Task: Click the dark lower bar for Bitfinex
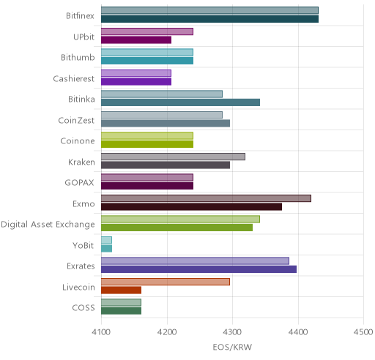[209, 19]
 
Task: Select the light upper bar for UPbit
[147, 31]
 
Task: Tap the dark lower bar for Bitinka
[180, 102]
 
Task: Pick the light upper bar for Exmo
[206, 198]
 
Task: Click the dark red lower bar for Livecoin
[121, 290]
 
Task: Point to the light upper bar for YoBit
[106, 240]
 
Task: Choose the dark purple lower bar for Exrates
[198, 269]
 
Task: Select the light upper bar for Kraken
[173, 157]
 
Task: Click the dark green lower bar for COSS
[121, 311]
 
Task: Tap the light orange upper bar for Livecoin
[166, 282]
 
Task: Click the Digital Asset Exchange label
[48, 225]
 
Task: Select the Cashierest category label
[73, 78]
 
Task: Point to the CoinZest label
[76, 120]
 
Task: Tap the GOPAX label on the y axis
[79, 183]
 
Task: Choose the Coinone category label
[78, 141]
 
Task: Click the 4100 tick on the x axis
[101, 332]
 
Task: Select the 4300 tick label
[232, 332]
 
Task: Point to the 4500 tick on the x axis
[363, 332]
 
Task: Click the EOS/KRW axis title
[232, 347]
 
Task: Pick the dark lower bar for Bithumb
[147, 61]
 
